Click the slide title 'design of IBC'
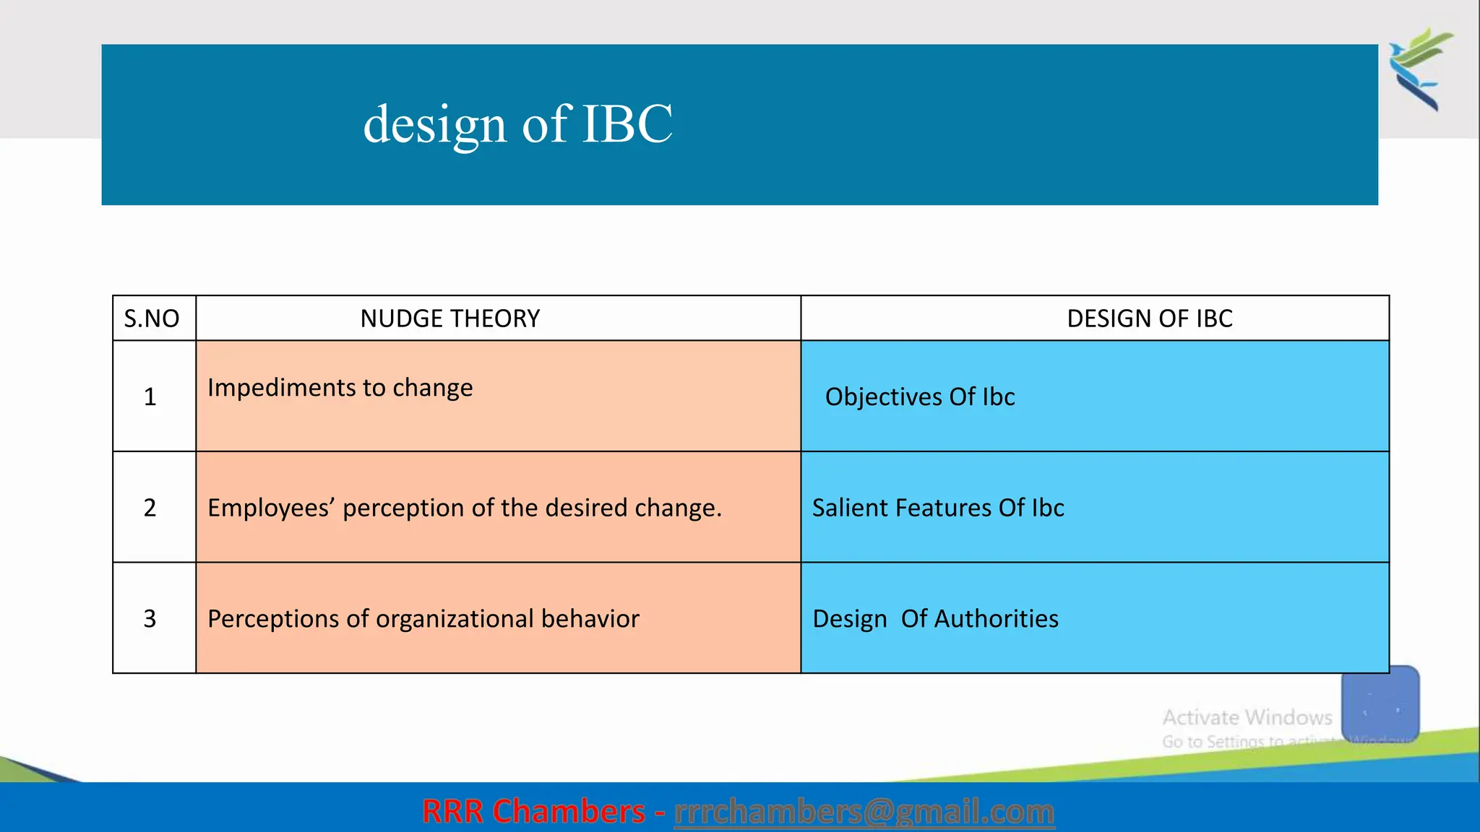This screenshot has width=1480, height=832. (x=517, y=124)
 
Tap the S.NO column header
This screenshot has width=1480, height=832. (x=152, y=318)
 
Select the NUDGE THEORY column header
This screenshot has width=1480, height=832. (x=449, y=318)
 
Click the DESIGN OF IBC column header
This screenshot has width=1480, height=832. (x=1149, y=318)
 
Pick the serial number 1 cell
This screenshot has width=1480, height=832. (x=150, y=396)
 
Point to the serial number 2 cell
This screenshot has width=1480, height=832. (x=150, y=508)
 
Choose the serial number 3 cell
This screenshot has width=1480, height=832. (x=150, y=619)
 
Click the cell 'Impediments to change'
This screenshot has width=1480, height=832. (x=340, y=388)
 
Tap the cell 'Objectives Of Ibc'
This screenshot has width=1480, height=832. (x=919, y=397)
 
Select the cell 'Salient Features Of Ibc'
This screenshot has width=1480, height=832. (x=937, y=508)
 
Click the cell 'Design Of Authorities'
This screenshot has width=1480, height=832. (x=935, y=619)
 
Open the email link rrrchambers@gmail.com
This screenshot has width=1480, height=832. (x=864, y=812)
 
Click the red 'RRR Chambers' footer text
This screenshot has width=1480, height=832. (x=533, y=812)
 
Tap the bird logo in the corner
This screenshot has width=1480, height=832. (x=1421, y=69)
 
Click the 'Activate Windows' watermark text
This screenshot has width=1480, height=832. (x=1247, y=717)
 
